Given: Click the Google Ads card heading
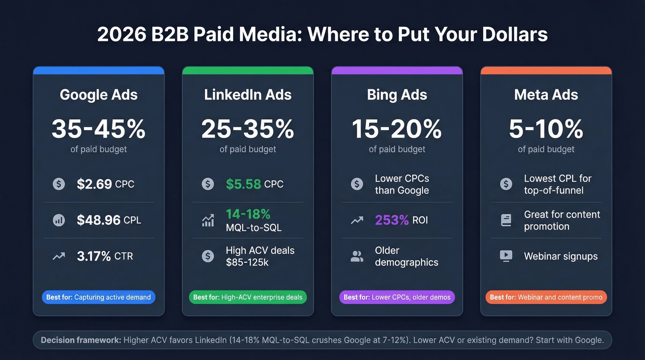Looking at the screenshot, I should click(99, 95).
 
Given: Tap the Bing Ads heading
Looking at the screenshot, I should click(397, 95).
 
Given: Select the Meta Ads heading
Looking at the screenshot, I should click(546, 95).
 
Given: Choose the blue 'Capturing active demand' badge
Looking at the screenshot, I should click(99, 297).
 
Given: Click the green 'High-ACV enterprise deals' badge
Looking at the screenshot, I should click(248, 297).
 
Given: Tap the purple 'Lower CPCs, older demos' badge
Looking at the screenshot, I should click(397, 297).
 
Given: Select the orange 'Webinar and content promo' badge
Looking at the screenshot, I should click(546, 297).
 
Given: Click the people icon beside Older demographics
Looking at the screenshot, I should click(357, 256).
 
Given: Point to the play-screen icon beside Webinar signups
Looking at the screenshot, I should click(506, 256).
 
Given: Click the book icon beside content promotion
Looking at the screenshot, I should click(506, 220).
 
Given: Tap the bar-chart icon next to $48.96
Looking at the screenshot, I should click(59, 220).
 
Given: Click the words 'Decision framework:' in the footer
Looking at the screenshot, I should click(81, 340).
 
